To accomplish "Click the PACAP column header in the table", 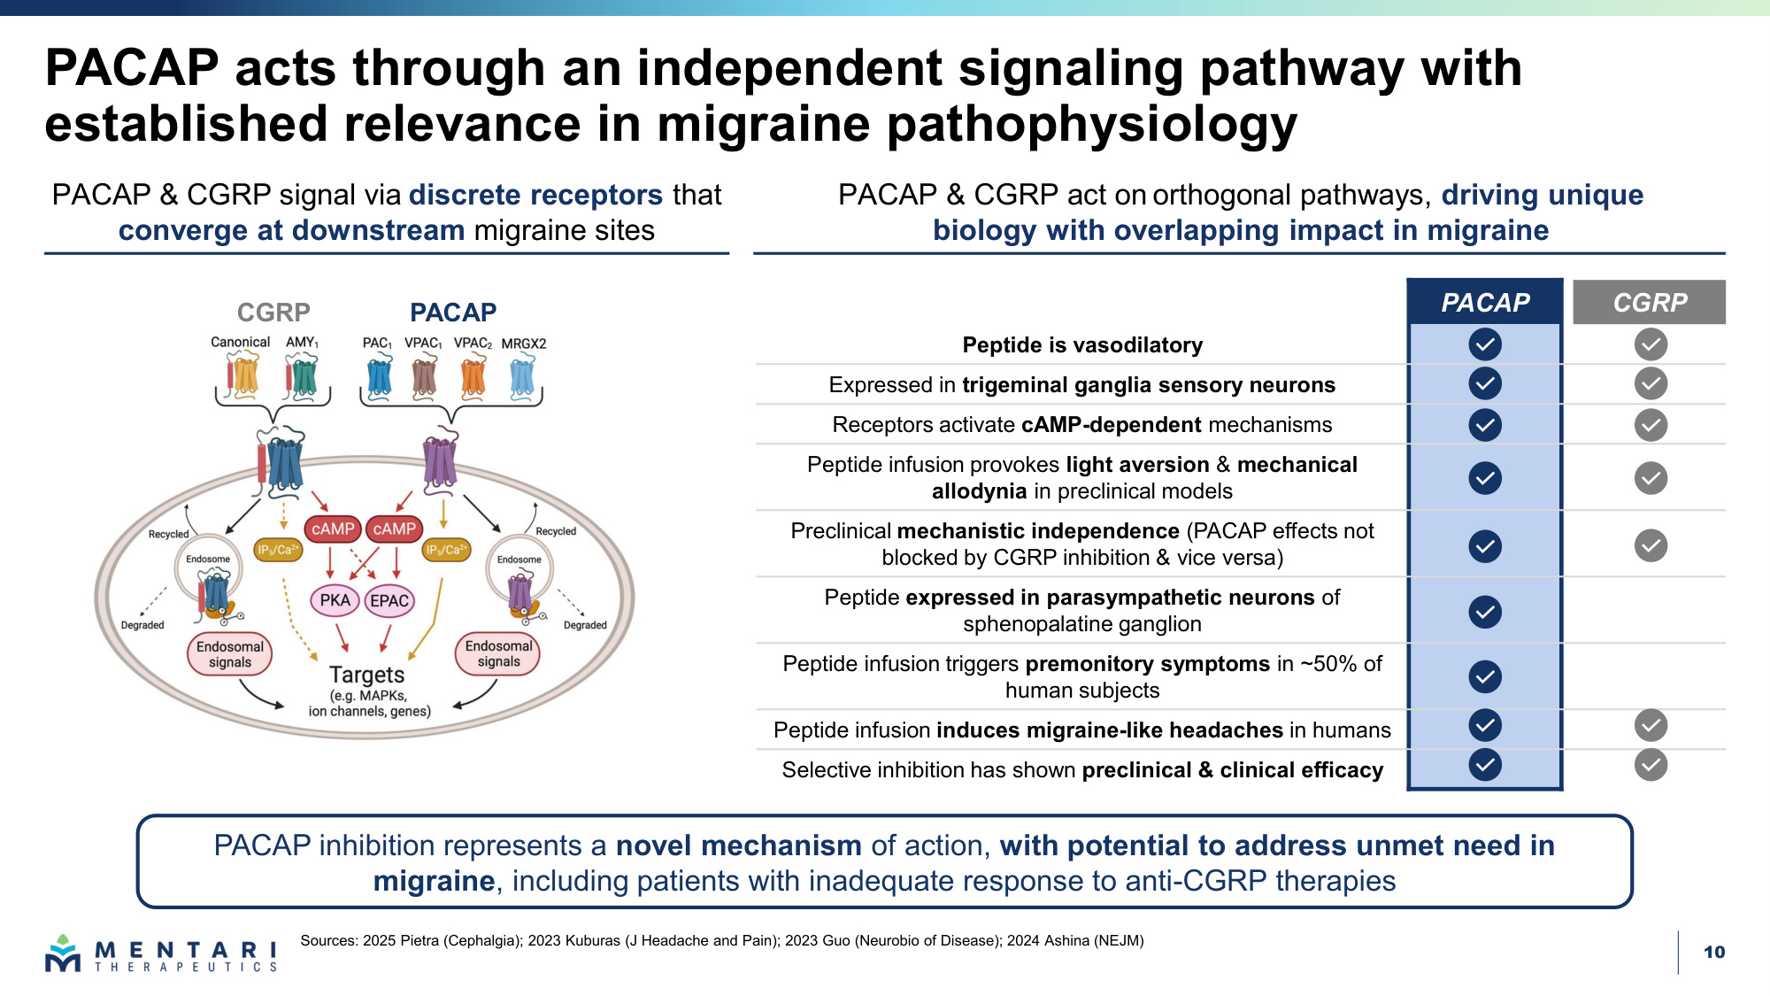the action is pos(1485,303).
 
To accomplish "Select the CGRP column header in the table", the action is pos(1650,303).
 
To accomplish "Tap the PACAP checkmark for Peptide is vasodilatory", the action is pos(1485,344).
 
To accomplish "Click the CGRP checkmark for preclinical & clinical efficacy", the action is pos(1651,765).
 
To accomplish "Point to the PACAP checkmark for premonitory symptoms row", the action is pos(1485,677).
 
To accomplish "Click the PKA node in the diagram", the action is pos(335,600).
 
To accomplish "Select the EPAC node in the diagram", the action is pos(389,600).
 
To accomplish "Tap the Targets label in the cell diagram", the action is pos(367,675).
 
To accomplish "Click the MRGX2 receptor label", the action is pos(524,344).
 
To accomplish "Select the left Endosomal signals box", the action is pos(230,654).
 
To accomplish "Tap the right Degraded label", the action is pos(585,625).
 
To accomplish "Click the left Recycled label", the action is pos(168,534).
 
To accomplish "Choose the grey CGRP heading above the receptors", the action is pos(273,313).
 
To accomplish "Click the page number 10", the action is pos(1714,953).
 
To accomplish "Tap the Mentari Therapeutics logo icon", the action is pos(63,954).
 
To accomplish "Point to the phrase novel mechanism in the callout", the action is pos(739,845).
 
